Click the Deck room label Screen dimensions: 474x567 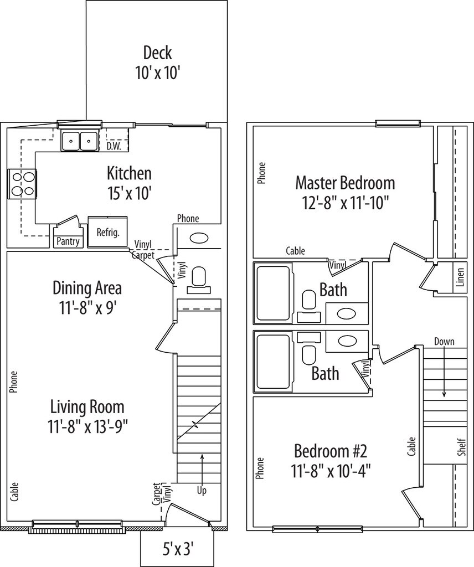158,53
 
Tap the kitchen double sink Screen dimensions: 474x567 79,141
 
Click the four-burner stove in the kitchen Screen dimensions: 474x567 22,184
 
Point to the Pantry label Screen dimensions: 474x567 68,241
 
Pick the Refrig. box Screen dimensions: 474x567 108,232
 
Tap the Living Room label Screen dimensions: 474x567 87,407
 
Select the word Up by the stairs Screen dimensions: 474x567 202,491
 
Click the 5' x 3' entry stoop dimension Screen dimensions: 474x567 176,550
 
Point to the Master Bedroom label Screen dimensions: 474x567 345,183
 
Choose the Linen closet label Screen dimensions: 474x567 460,277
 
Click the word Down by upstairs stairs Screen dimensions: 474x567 444,341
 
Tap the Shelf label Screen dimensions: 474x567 461,447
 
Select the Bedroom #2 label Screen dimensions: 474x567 331,451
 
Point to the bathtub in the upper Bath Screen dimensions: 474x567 274,293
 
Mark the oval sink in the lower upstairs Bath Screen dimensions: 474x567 347,341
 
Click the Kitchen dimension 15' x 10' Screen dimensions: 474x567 128,194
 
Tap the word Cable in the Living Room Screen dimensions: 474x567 14,492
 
